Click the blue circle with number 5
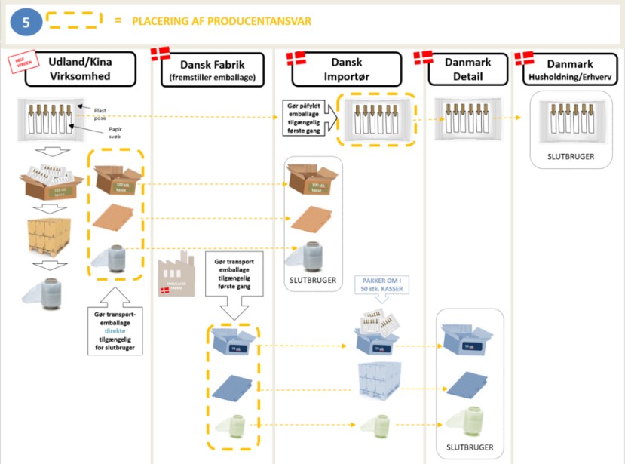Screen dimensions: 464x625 (x=26, y=22)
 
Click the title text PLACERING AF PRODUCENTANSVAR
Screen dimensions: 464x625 (x=222, y=21)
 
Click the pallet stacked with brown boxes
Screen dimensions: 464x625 (x=47, y=235)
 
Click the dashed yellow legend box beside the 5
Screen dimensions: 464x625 (x=75, y=20)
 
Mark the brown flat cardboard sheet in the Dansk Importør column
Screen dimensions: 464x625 (x=313, y=219)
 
